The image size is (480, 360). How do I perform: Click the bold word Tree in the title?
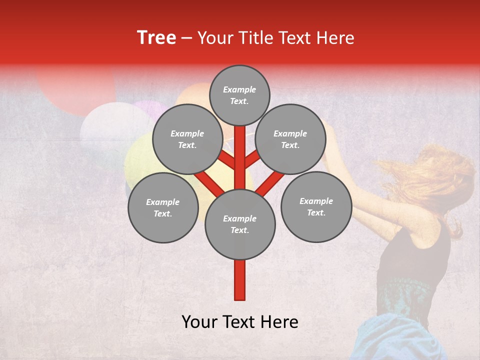click(x=156, y=38)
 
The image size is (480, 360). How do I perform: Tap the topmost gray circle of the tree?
click(x=239, y=95)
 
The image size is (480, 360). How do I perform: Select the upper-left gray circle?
click(x=187, y=139)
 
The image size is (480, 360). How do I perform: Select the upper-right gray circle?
click(x=290, y=139)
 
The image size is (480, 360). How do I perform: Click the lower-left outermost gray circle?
click(x=162, y=207)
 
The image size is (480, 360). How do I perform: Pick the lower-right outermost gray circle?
click(x=316, y=206)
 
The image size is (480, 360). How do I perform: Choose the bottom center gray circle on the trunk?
click(x=240, y=224)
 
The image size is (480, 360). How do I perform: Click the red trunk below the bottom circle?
click(x=240, y=280)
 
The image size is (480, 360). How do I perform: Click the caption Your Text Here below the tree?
click(x=240, y=322)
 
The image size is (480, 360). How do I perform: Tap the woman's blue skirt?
click(x=400, y=340)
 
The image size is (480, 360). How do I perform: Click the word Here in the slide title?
click(x=335, y=38)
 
